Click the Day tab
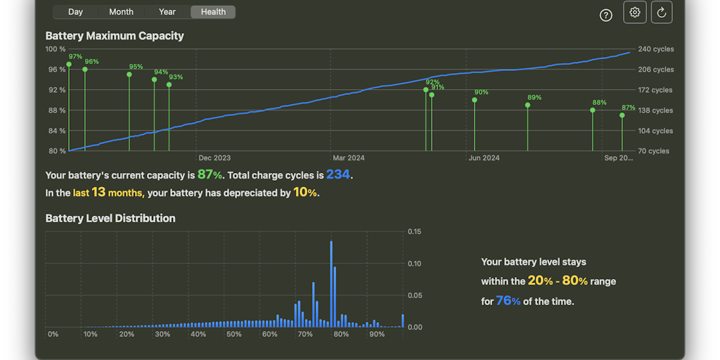click(75, 12)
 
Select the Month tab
click(121, 12)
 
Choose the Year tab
click(167, 12)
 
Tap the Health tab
click(213, 12)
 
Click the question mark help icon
click(606, 15)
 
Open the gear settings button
click(635, 13)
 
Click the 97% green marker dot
click(69, 65)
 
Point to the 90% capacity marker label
click(481, 93)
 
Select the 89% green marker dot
click(528, 105)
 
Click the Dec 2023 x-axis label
click(214, 158)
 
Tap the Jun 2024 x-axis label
click(484, 158)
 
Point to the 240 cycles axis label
click(655, 49)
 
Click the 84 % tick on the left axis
click(56, 131)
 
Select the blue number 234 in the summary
click(337, 175)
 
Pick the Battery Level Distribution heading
click(110, 219)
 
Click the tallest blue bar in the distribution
click(331, 281)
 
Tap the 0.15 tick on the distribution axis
click(414, 231)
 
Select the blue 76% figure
click(508, 301)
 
